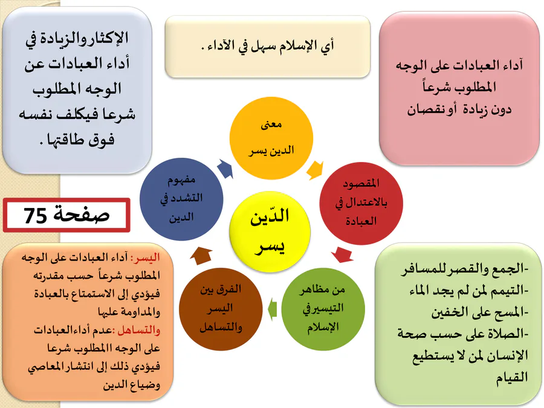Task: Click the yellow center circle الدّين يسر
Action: tap(270, 232)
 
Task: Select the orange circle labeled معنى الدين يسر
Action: tap(271, 138)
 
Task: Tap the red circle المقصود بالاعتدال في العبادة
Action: tap(361, 203)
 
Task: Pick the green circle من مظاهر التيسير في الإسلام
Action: tap(323, 309)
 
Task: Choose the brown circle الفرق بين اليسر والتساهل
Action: tap(221, 309)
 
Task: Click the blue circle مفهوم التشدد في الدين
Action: tap(181, 199)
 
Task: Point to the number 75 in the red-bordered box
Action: tap(36, 215)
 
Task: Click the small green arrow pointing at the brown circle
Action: tap(273, 309)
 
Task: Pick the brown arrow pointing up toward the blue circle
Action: tap(201, 256)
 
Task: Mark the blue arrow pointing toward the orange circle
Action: tap(225, 169)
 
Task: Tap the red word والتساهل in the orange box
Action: tap(139, 330)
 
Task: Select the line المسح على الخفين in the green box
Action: tap(479, 312)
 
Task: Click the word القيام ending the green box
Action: tap(512, 377)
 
